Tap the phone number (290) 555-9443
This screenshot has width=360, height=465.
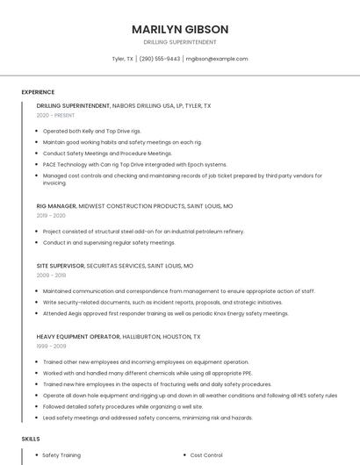[160, 59]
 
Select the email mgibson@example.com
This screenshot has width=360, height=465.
[217, 59]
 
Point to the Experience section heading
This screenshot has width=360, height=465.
[38, 92]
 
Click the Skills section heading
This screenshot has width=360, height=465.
[31, 438]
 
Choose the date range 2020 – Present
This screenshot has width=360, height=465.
[55, 116]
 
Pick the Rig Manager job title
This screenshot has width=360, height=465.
[56, 205]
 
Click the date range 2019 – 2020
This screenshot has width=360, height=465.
[51, 216]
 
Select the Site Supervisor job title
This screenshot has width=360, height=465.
[61, 265]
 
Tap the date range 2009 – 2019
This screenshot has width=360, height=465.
[51, 275]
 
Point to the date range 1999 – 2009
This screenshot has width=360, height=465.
[51, 347]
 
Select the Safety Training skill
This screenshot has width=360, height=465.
[61, 455]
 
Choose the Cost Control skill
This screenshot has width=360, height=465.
[206, 455]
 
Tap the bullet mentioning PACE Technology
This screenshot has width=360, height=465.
[134, 164]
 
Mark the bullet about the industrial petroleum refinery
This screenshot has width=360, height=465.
[143, 231]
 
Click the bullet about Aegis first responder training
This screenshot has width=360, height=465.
[165, 313]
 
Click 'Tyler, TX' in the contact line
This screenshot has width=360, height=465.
[122, 59]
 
